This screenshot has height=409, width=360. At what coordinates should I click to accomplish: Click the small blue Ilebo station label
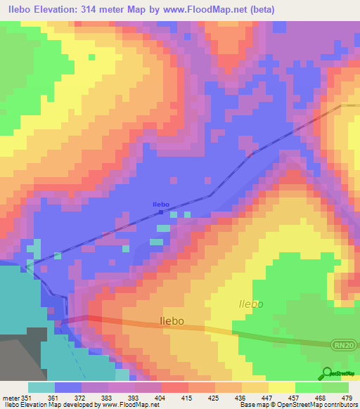click(x=161, y=204)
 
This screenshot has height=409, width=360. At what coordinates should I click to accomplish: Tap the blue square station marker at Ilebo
click(x=161, y=212)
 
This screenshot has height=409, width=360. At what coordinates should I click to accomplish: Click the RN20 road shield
click(x=342, y=344)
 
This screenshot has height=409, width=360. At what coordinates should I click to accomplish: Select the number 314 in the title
click(x=87, y=10)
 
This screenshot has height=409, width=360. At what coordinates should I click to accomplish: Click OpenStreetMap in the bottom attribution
click(x=315, y=405)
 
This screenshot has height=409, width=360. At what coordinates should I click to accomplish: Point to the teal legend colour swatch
click(x=41, y=387)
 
